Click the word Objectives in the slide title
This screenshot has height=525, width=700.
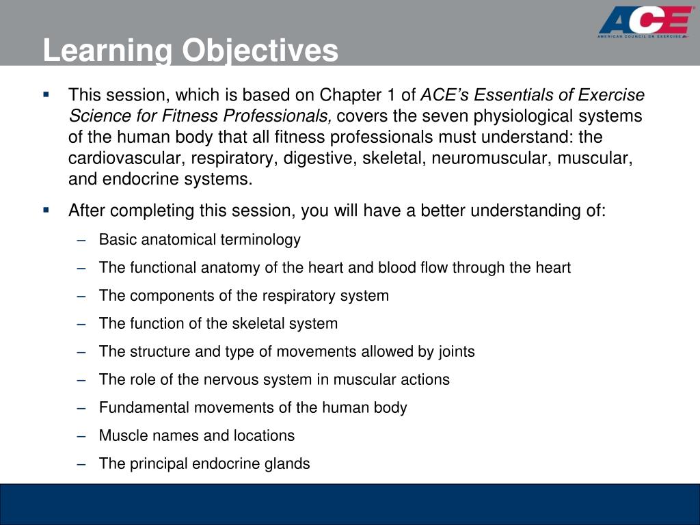click(259, 51)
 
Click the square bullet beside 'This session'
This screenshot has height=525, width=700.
click(46, 94)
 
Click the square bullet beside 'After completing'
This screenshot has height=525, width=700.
click(46, 210)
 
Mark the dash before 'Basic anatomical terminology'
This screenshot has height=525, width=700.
click(82, 240)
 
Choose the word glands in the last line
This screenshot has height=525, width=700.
click(289, 464)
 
